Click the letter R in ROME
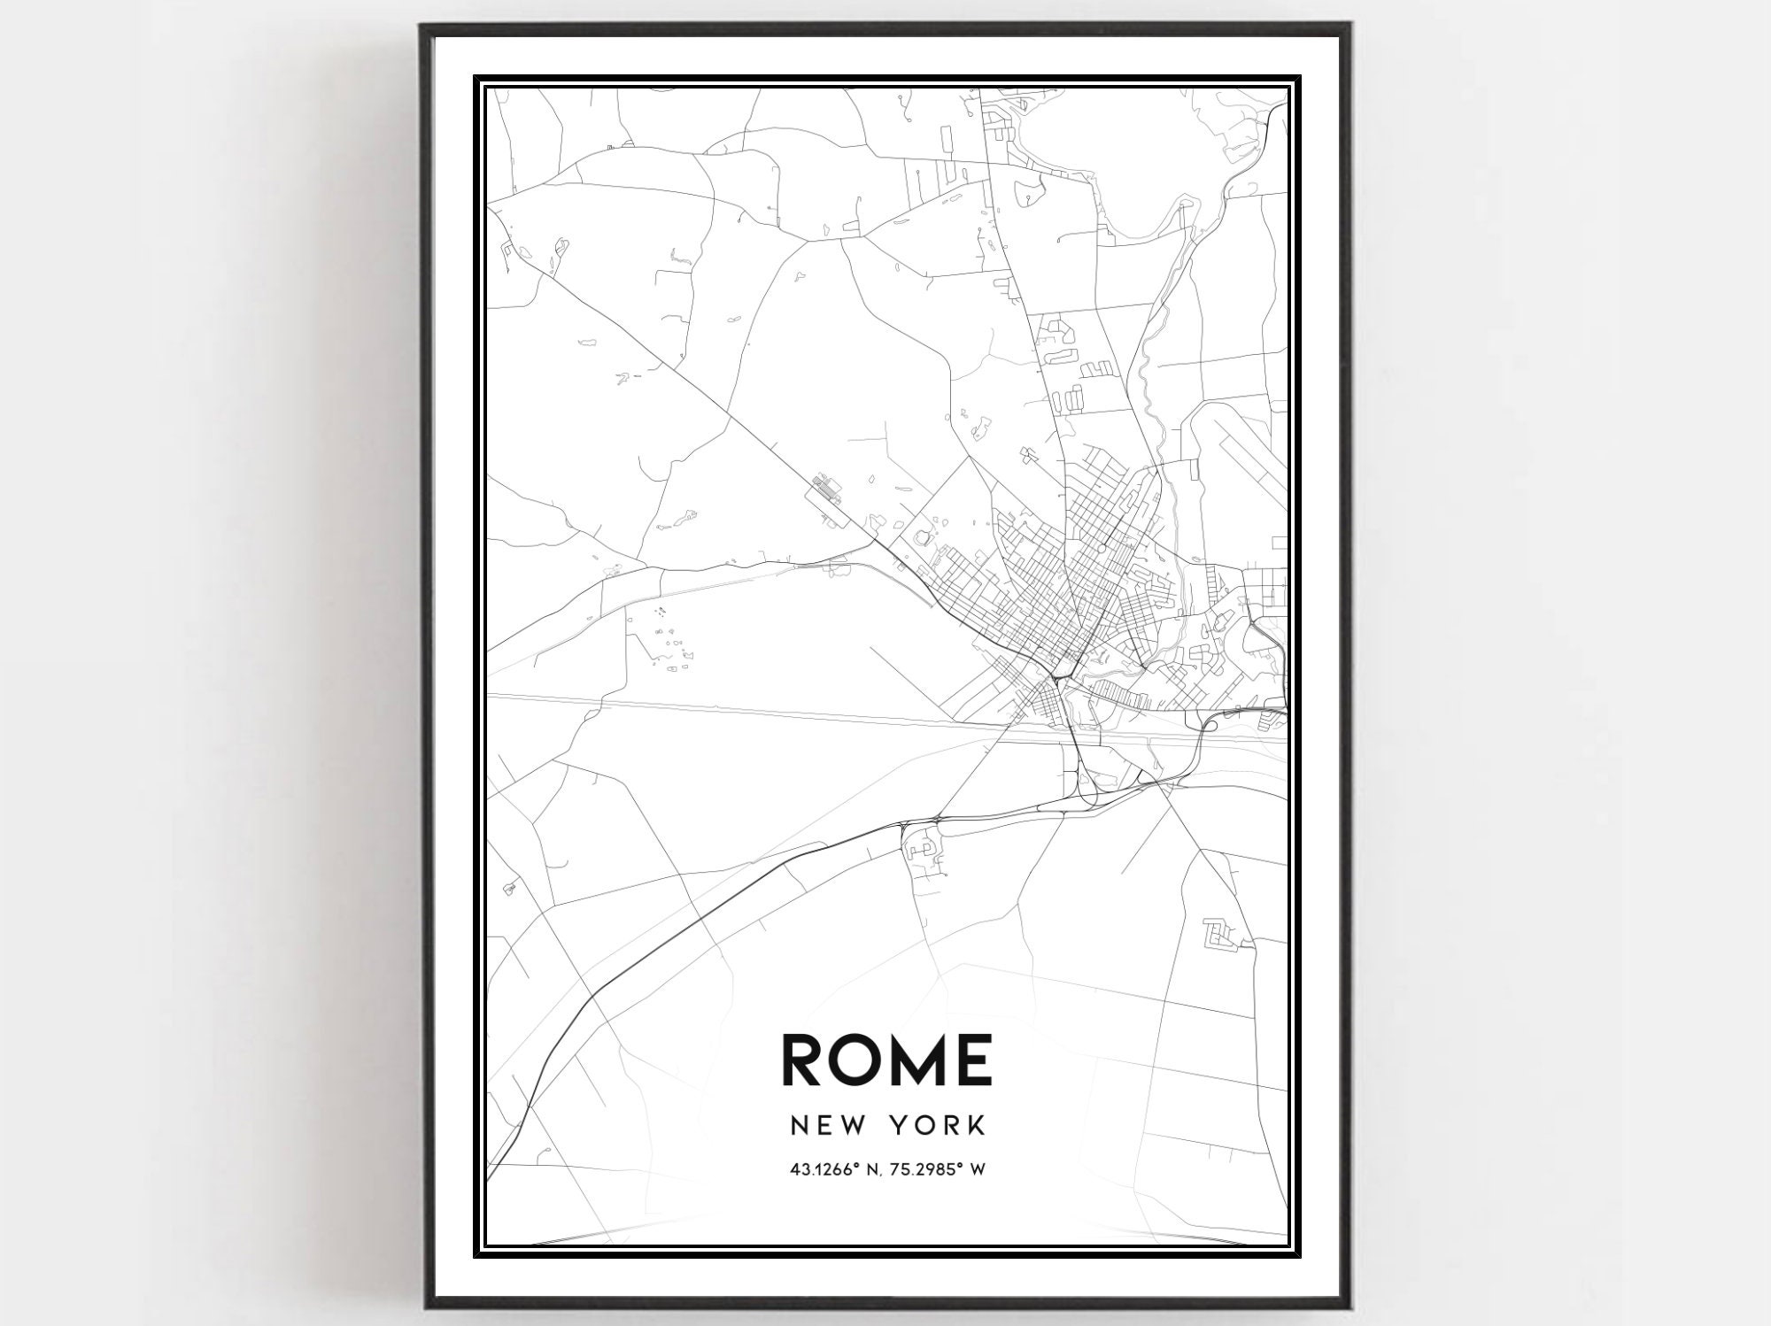tap(808, 1060)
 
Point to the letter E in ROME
tap(974, 1060)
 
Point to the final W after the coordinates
tap(978, 1170)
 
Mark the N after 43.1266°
tap(877, 1170)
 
